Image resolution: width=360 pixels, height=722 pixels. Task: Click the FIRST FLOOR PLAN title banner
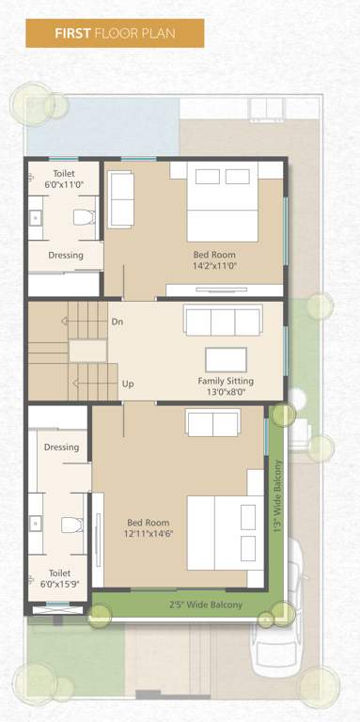point(115,34)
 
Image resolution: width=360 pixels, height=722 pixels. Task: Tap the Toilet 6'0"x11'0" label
point(65,180)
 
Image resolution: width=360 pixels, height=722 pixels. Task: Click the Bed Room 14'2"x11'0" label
point(214,260)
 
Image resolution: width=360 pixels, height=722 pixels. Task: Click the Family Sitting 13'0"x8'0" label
point(225,386)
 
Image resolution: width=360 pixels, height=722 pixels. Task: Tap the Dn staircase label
point(117,322)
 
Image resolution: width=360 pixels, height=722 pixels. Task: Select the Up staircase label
point(128,384)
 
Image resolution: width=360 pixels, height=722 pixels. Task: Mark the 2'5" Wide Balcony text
point(205,604)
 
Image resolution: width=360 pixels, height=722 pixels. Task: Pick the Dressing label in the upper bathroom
point(66,255)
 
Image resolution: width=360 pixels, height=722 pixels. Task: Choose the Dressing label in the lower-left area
point(61,447)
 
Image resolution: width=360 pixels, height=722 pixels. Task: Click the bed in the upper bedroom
point(222,201)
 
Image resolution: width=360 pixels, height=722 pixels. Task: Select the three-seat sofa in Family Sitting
point(222,322)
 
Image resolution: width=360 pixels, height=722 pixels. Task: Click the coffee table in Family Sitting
point(226,359)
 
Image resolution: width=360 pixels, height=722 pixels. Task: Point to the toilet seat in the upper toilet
point(85,218)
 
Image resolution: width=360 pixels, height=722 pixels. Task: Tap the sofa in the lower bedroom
point(213,424)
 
